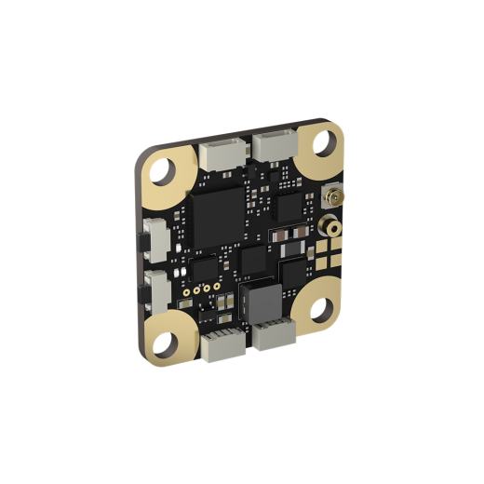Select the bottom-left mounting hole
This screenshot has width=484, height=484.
coord(165,343)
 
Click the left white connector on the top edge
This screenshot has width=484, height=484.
coord(221,155)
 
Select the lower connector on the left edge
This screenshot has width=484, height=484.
coord(157,293)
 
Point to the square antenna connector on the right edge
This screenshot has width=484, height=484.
coord(329,197)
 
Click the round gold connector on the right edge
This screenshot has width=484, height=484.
coord(329,226)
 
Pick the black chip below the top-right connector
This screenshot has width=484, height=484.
coord(290,207)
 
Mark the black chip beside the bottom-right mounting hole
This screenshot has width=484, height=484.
coord(296,273)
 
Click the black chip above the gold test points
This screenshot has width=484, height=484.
coord(204,268)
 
